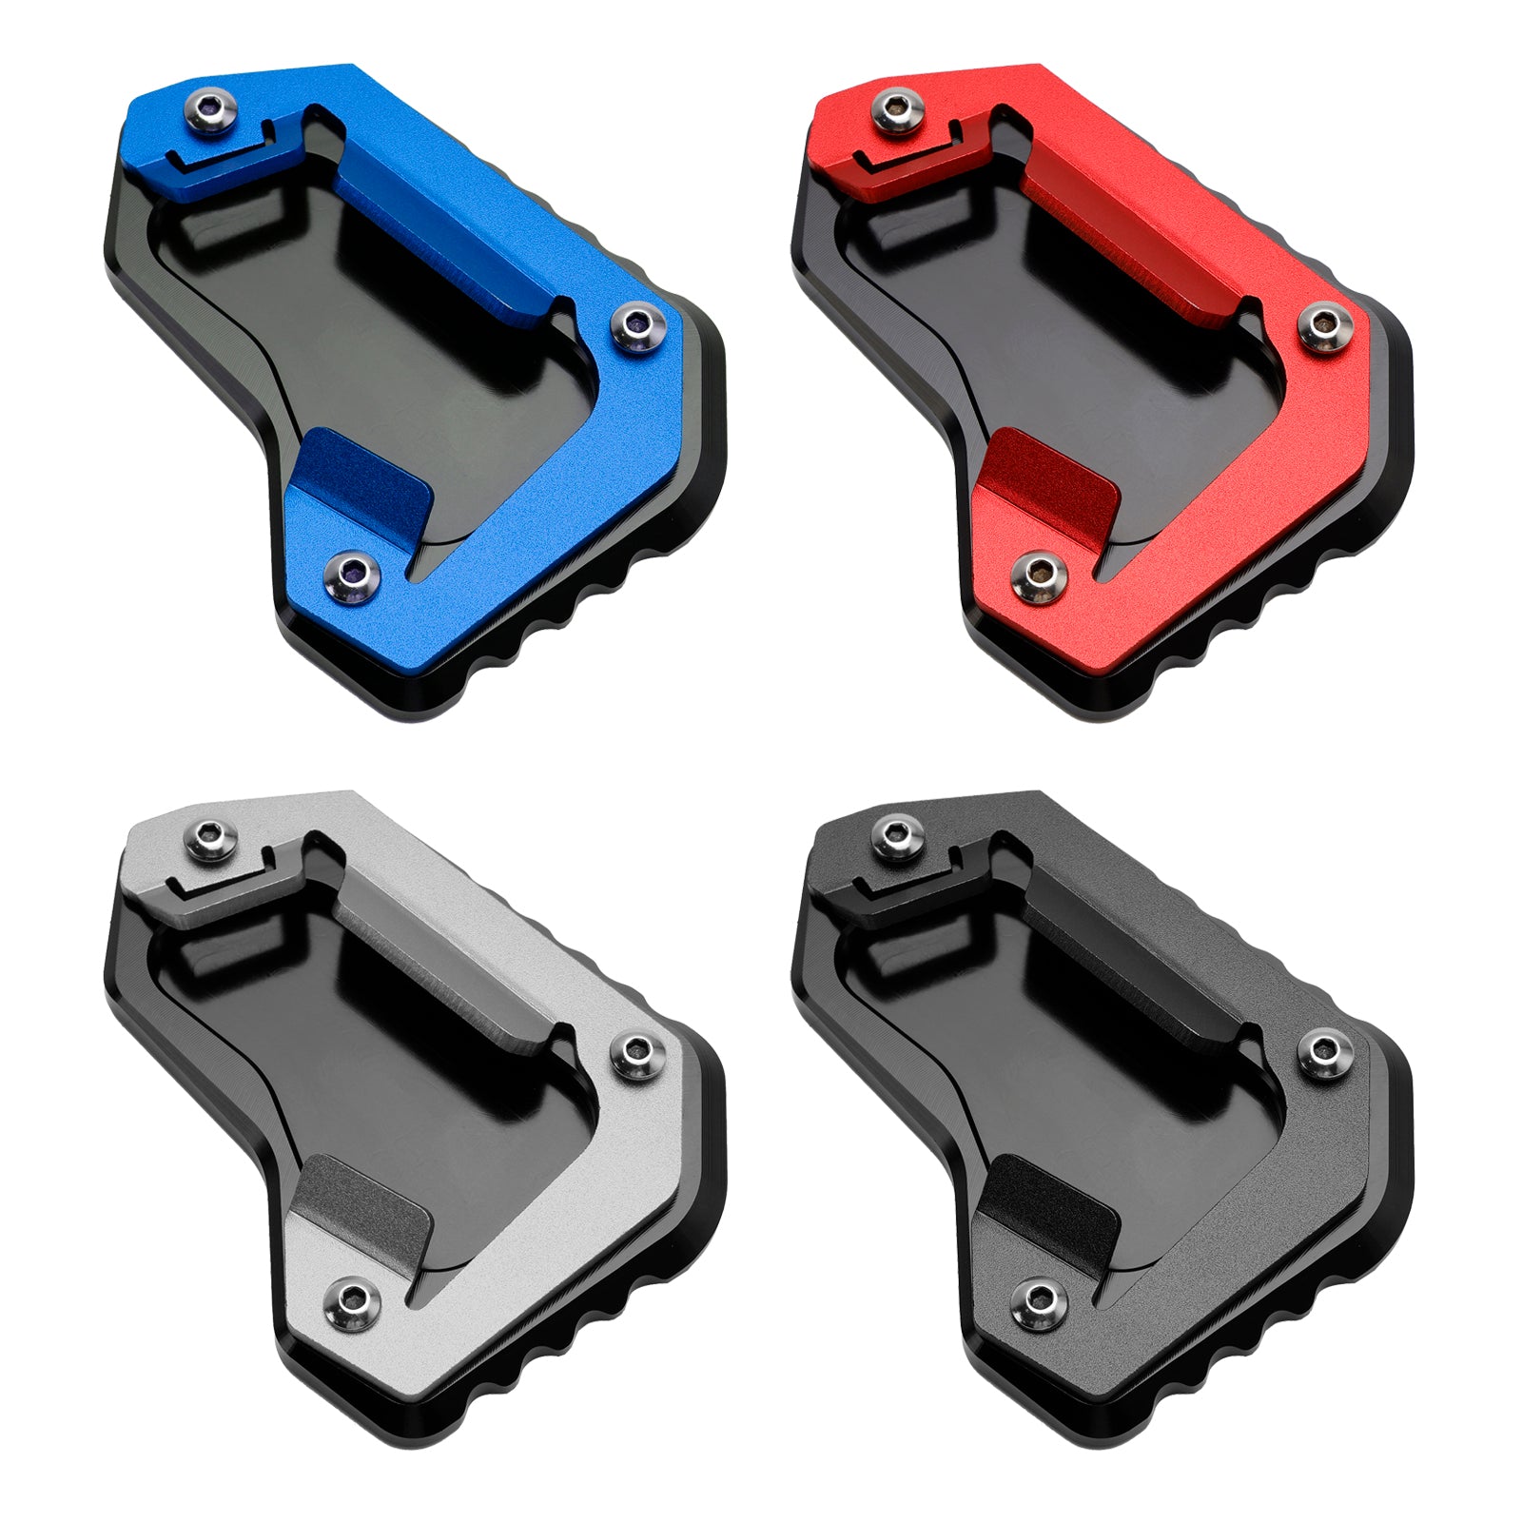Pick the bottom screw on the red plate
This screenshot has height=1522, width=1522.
(1041, 574)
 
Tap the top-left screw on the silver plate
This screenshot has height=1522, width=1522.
(211, 836)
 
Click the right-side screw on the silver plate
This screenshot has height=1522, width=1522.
(637, 1053)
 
